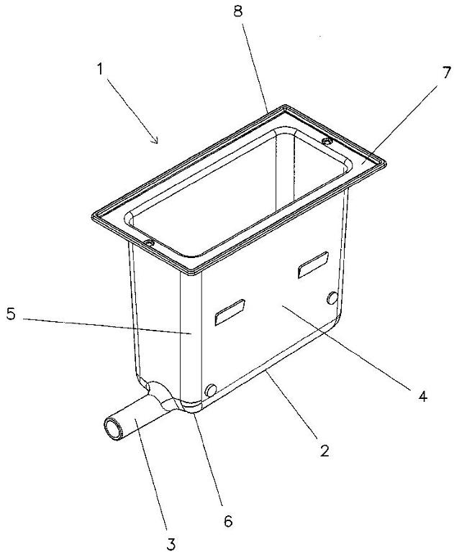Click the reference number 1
[x=100, y=69]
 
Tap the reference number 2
[x=324, y=451]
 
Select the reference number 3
[x=171, y=544]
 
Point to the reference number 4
[x=422, y=397]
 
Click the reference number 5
[x=12, y=314]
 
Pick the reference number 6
[x=228, y=520]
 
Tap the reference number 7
[x=446, y=73]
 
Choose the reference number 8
[x=238, y=11]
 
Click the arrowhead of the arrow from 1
[x=155, y=140]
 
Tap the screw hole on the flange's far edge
[x=328, y=141]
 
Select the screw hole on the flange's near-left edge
[x=149, y=243]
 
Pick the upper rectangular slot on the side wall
[x=313, y=264]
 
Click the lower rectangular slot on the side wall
[x=230, y=312]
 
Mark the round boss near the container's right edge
[x=332, y=298]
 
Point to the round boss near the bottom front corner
[x=211, y=390]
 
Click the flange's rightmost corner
[x=385, y=163]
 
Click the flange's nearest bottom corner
[x=193, y=273]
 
